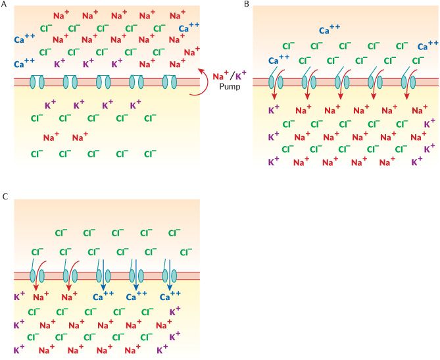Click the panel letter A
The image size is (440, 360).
click(5, 5)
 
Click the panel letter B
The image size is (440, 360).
click(247, 5)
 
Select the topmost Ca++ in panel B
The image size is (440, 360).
click(330, 30)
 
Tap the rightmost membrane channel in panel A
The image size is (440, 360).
click(170, 82)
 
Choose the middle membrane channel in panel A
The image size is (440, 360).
click(103, 82)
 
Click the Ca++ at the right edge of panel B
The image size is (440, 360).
click(429, 47)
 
